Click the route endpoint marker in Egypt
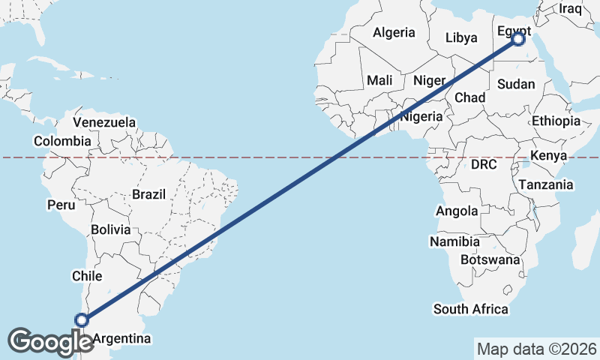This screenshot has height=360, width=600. [518, 39]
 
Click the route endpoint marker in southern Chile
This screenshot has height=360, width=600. [82, 320]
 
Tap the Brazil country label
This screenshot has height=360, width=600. [148, 194]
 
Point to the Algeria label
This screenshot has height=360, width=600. [394, 32]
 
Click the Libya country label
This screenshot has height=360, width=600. [461, 37]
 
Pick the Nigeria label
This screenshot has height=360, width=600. [421, 117]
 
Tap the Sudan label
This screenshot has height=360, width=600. [516, 84]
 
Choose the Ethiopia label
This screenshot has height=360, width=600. [556, 121]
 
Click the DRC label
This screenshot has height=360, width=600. [484, 164]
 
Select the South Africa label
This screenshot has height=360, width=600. [470, 309]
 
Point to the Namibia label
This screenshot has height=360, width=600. [454, 241]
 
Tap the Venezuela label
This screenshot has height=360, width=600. [105, 121]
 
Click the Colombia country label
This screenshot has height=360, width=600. [62, 141]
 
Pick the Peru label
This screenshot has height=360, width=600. [60, 204]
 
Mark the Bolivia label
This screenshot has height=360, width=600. [110, 229]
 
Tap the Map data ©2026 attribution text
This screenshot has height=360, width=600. [537, 349]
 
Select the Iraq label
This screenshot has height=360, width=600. [570, 9]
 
